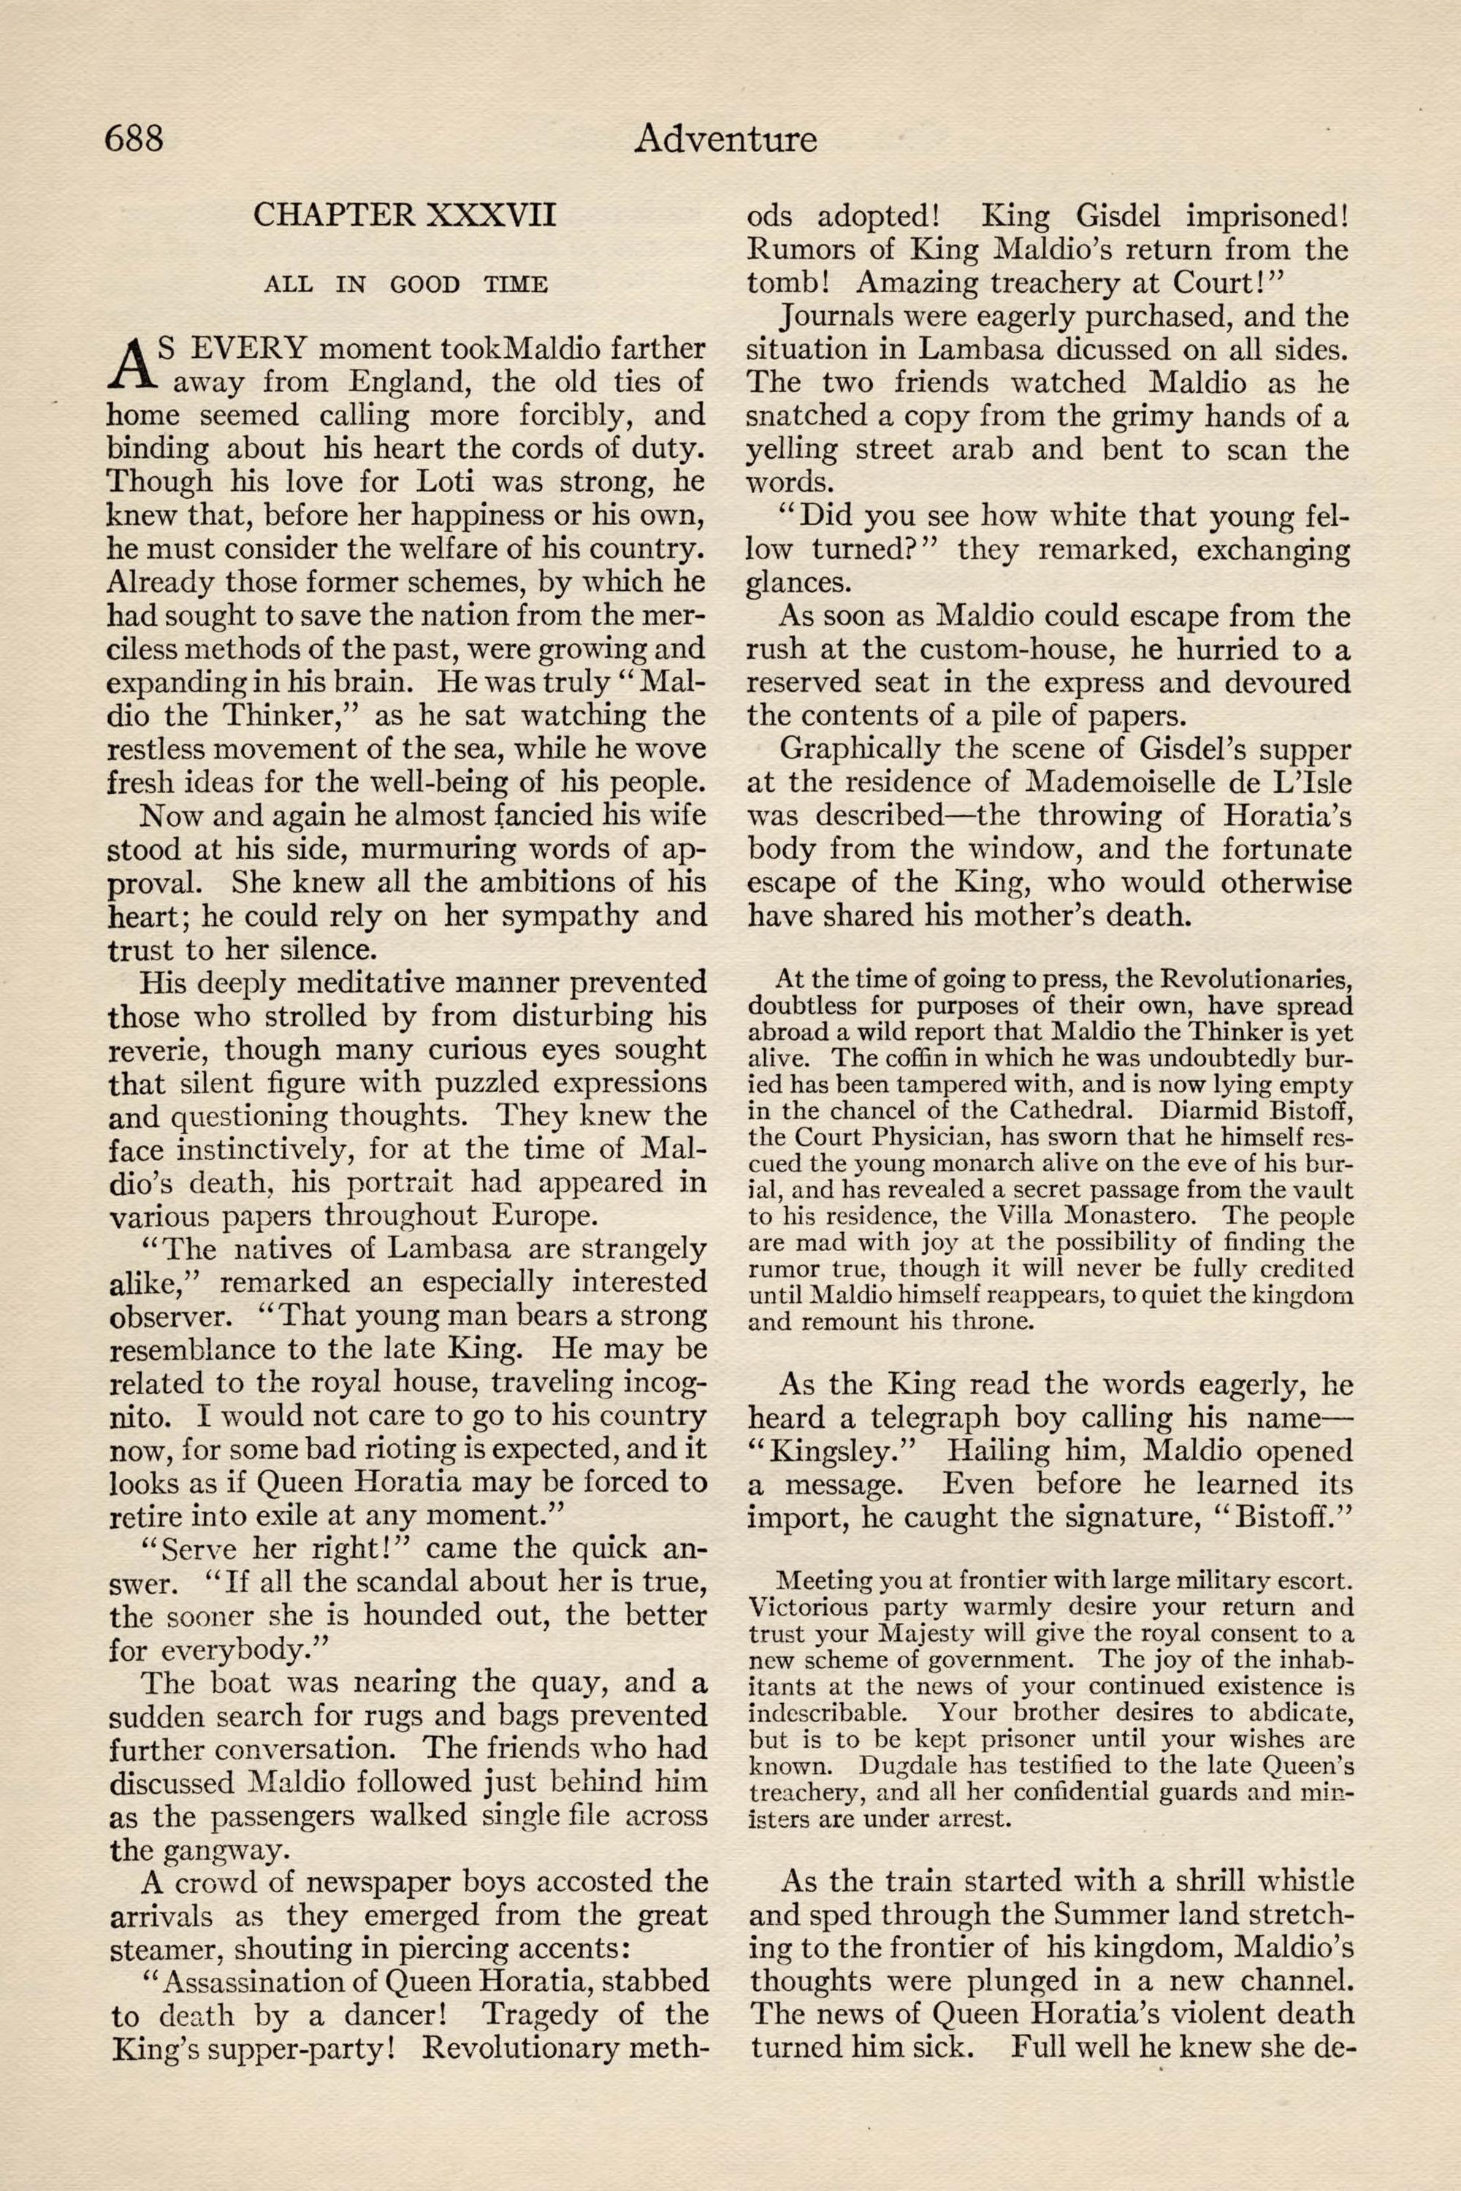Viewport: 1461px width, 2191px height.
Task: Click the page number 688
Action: [x=134, y=138]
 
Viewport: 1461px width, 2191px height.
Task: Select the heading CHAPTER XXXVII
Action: [x=405, y=215]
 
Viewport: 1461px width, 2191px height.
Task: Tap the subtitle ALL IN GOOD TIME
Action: [x=405, y=284]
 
